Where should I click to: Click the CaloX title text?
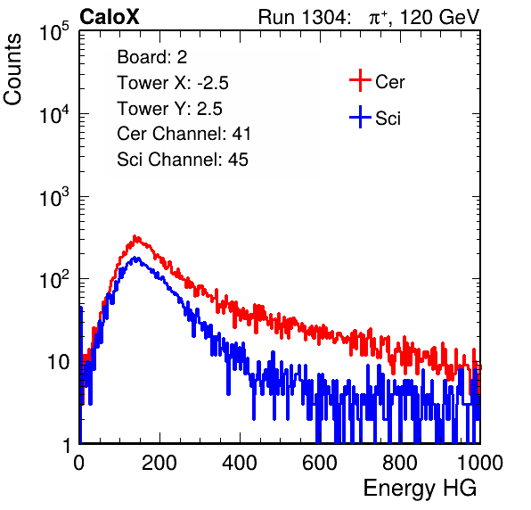pos(110,17)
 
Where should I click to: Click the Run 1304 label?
pos(303,17)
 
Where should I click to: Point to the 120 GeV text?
pos(439,17)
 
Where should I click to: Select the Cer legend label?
pos(389,82)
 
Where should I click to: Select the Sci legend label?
pos(388,119)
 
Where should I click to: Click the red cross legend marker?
pos(360,80)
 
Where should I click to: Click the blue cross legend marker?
pos(360,117)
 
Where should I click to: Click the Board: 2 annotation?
pos(152,57)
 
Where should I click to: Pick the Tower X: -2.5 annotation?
pos(173,83)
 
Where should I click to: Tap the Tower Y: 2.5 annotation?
pos(169,109)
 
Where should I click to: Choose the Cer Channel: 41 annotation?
pos(184,134)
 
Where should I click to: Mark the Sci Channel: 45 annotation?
pos(183,160)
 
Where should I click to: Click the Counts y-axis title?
pos(12,70)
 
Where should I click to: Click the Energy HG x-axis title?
pos(421,489)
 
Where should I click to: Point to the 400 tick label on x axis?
pos(240,463)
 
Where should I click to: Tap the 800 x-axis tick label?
pos(400,463)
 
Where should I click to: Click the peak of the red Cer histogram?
pos(135,237)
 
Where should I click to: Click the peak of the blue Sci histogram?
pos(135,259)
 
